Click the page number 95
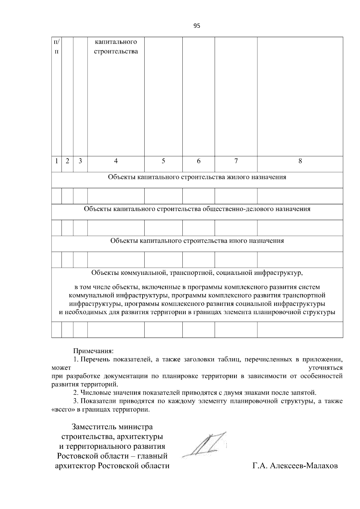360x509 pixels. click(x=197, y=26)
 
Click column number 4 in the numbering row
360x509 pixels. click(x=116, y=161)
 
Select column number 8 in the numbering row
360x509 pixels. click(x=300, y=161)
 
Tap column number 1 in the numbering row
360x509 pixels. click(x=56, y=161)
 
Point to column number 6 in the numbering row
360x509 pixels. click(x=199, y=161)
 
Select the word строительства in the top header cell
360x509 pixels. click(x=116, y=51)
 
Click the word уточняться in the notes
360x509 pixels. click(x=325, y=368)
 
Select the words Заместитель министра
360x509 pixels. click(x=112, y=427)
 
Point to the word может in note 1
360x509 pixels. click(x=61, y=368)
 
